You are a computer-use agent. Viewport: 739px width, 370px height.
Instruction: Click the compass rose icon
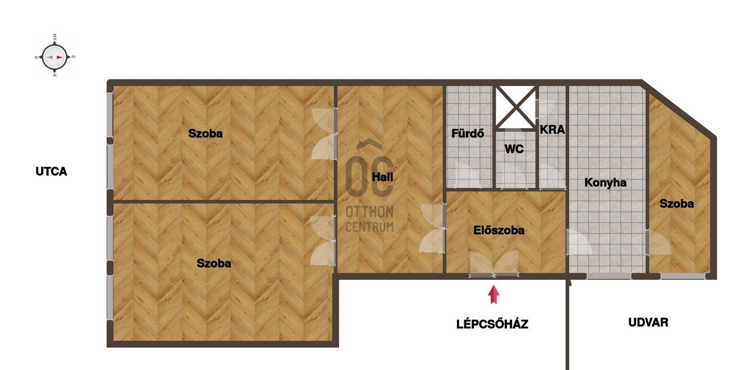[x=54, y=57]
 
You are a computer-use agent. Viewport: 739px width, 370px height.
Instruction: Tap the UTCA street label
[x=51, y=172]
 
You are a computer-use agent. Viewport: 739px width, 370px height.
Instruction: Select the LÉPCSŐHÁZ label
[x=492, y=324]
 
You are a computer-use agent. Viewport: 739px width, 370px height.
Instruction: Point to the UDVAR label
[x=648, y=322]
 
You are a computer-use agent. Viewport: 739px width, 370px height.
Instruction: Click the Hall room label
[x=382, y=177]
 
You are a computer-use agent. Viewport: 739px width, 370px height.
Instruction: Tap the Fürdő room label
[x=467, y=133]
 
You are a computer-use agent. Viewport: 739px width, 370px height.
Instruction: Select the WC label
[x=514, y=149]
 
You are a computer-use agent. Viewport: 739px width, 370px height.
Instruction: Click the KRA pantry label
[x=552, y=129]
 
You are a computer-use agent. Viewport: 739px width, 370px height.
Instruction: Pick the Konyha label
[x=605, y=182]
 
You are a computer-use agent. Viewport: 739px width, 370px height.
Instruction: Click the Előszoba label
[x=499, y=230]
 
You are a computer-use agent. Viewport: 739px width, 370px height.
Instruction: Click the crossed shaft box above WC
[x=515, y=107]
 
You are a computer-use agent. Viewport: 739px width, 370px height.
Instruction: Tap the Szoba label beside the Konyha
[x=677, y=203]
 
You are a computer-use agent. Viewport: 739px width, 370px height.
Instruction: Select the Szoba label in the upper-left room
[x=205, y=133]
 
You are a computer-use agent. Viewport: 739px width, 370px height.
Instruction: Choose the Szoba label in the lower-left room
[x=214, y=263]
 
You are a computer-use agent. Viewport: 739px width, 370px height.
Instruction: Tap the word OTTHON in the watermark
[x=369, y=212]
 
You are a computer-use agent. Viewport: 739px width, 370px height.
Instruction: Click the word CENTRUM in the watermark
[x=369, y=227]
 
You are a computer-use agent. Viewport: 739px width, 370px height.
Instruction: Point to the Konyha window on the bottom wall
[x=609, y=276]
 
